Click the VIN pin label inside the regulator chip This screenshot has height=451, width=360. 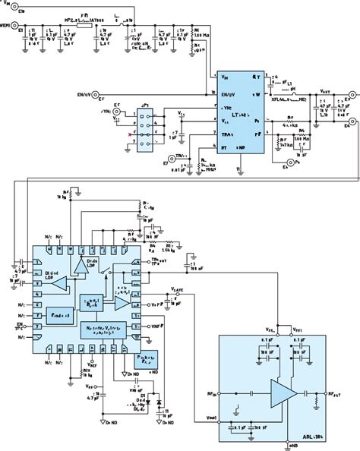tap(226, 77)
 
